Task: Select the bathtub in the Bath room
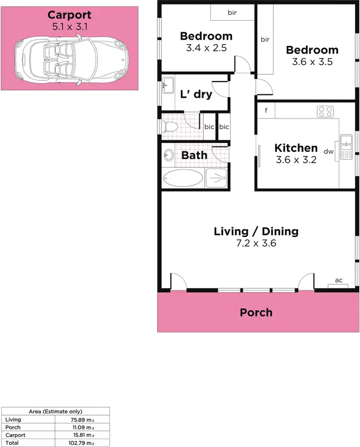183,178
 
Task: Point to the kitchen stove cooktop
325,112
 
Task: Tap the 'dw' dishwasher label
329,151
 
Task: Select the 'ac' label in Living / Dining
338,280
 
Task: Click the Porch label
256,312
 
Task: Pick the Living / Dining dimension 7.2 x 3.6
256,243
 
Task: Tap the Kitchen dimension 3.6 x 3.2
296,160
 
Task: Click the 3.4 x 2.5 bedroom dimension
206,48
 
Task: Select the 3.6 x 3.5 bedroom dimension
312,62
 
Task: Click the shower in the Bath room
216,178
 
